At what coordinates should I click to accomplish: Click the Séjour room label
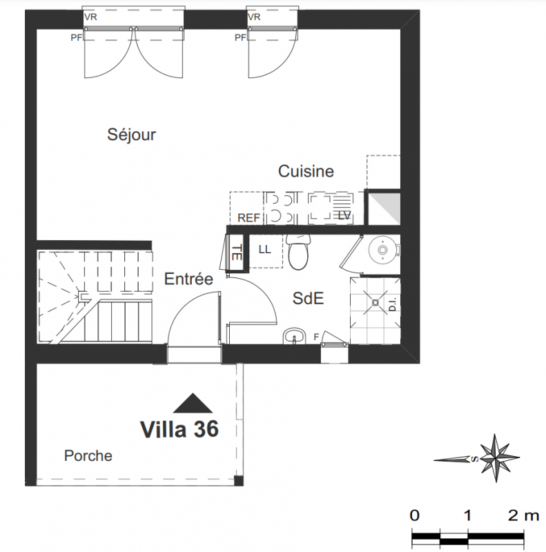131,135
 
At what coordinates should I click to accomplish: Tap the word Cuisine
306,171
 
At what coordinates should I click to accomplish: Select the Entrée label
188,279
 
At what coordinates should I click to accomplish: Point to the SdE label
308,298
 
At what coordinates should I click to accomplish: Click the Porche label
88,456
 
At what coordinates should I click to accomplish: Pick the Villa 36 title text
179,429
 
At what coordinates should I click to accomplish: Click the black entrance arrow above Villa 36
193,403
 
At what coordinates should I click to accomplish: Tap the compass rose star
496,458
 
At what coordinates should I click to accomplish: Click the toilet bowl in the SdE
298,252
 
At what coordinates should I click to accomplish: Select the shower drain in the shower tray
376,302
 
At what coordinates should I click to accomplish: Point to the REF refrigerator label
248,218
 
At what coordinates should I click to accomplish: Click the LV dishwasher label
344,215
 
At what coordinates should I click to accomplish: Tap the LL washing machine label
264,250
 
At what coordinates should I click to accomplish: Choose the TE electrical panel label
237,253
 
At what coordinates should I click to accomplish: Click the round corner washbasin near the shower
383,250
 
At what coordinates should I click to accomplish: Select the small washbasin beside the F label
294,336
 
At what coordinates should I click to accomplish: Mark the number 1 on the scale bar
467,515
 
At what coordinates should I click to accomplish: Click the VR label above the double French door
90,17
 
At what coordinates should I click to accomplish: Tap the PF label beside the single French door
241,37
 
